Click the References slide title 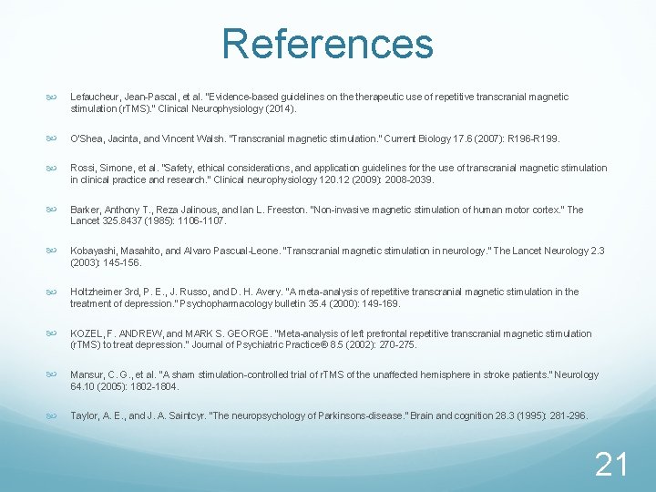click(327, 43)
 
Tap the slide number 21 click(610, 466)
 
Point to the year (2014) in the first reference click(280, 108)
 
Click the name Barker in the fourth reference click(86, 210)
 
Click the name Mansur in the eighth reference click(87, 374)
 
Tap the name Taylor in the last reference click(84, 415)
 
